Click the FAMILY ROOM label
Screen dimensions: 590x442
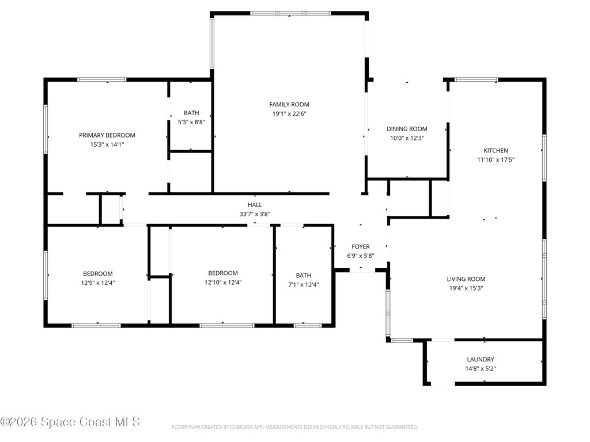[289, 105]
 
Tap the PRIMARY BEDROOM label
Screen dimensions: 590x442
[107, 135]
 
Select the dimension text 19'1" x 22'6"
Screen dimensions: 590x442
[289, 114]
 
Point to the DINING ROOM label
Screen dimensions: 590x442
[407, 129]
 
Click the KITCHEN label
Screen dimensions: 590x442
[496, 150]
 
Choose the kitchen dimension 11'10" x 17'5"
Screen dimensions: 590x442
[496, 160]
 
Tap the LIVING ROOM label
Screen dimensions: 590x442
[466, 279]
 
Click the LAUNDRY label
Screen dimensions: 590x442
[481, 359]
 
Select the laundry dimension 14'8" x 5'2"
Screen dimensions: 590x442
[481, 369]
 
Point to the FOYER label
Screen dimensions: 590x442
[361, 246]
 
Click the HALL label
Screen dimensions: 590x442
[255, 205]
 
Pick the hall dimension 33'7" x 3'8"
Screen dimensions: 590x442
[255, 214]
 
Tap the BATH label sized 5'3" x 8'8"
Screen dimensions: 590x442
[191, 113]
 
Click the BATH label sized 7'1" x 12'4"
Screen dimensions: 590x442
[303, 276]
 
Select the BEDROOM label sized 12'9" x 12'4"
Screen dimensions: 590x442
[98, 273]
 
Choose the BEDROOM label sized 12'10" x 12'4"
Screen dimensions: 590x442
[223, 273]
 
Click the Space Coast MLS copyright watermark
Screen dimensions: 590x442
[70, 422]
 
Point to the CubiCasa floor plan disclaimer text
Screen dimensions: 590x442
[294, 427]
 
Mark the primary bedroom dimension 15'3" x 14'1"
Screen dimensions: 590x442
[107, 144]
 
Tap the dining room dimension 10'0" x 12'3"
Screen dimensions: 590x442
[407, 138]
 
